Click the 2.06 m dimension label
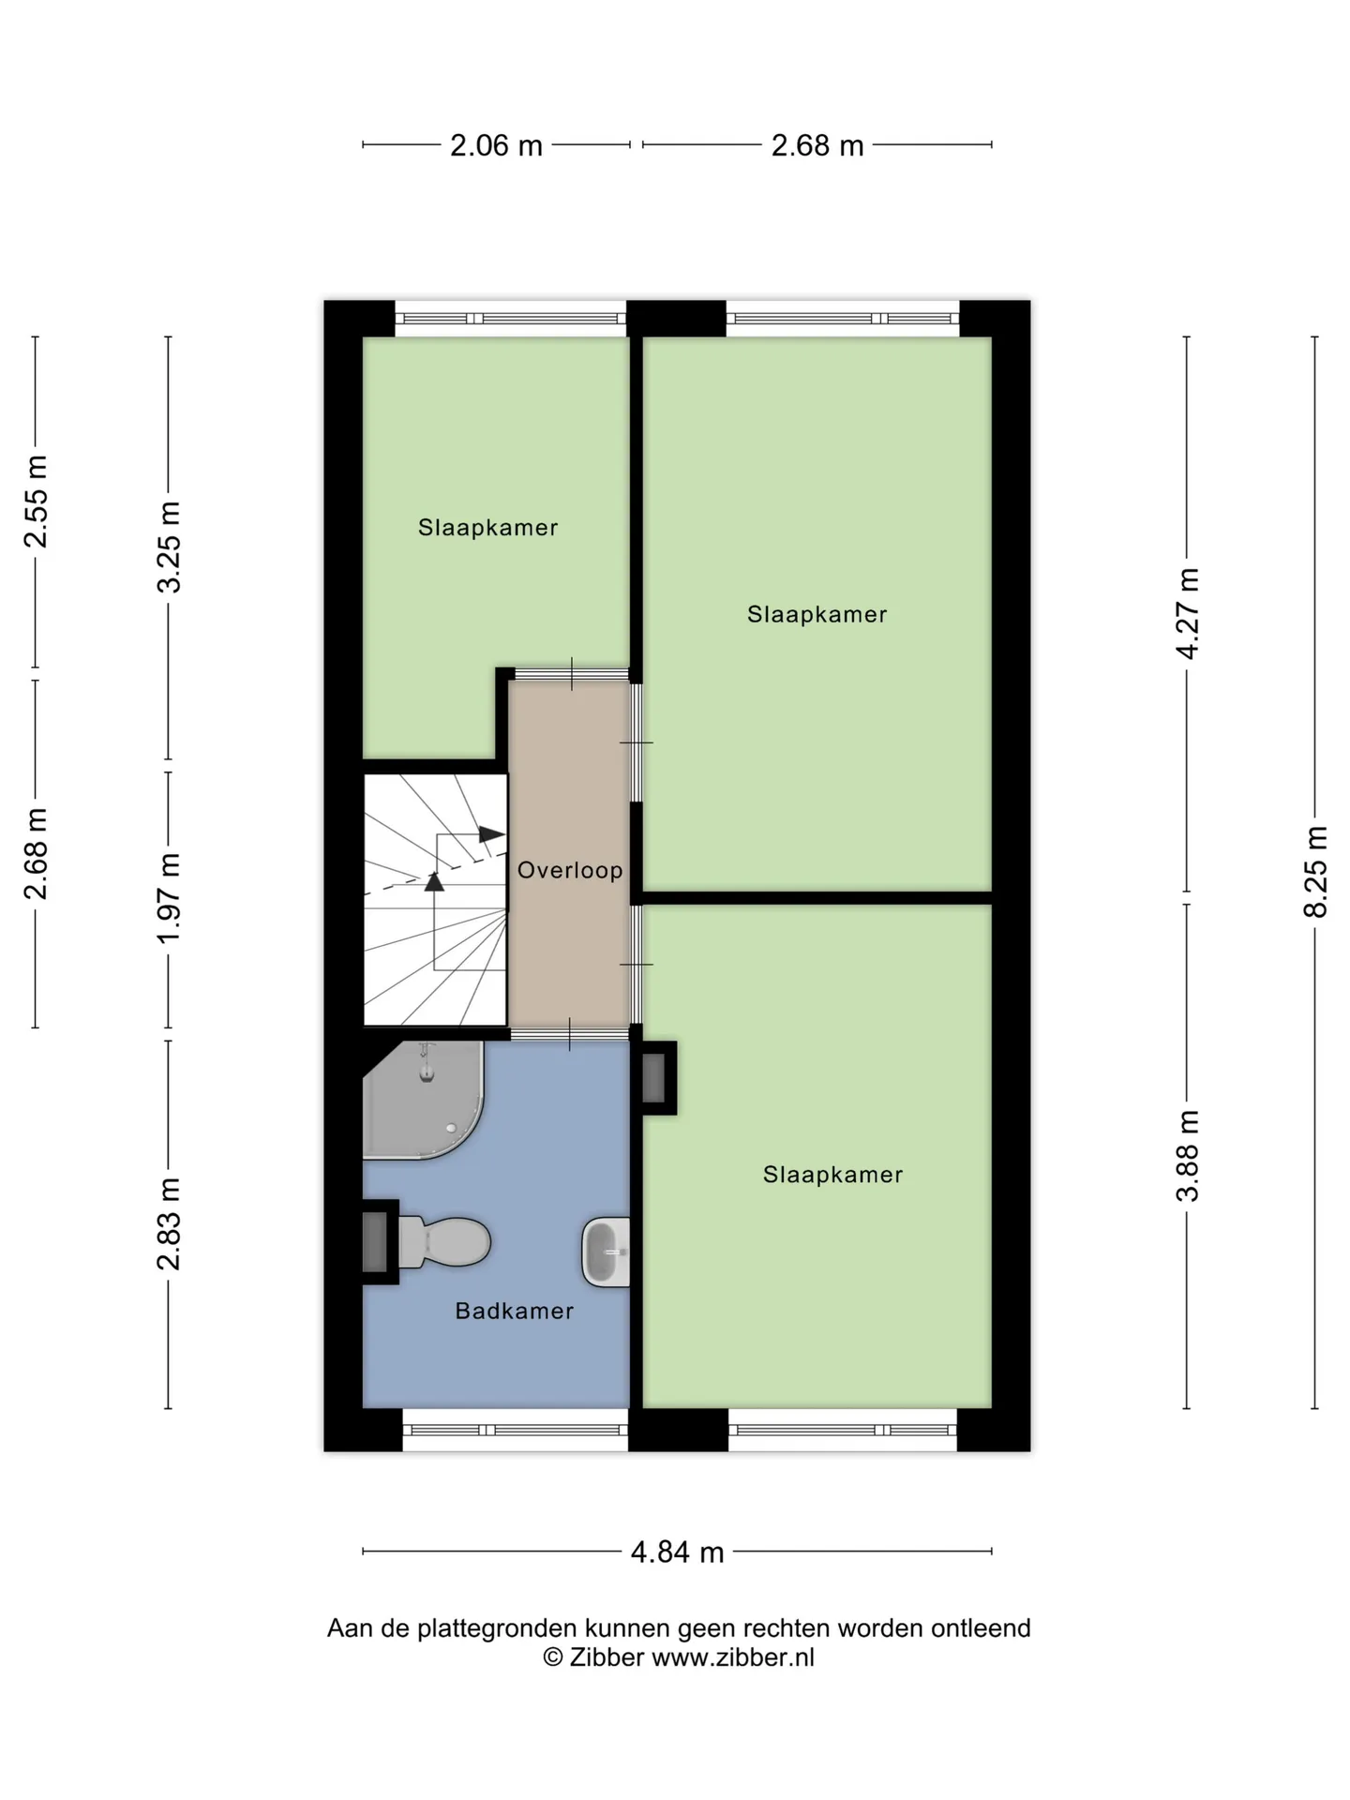(496, 145)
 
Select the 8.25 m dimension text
(1315, 871)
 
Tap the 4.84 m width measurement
(677, 1552)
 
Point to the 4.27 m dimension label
(1188, 613)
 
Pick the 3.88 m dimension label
(1188, 1155)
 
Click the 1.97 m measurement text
(169, 899)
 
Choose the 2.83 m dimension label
(169, 1223)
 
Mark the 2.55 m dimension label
(37, 501)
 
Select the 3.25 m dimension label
(169, 547)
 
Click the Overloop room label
(570, 870)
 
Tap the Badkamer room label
(514, 1311)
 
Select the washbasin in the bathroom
(606, 1252)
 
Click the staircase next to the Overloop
(436, 900)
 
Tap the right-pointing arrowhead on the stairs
(491, 833)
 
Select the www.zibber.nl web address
(733, 1657)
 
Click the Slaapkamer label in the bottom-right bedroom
(832, 1175)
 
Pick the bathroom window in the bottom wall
(515, 1431)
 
